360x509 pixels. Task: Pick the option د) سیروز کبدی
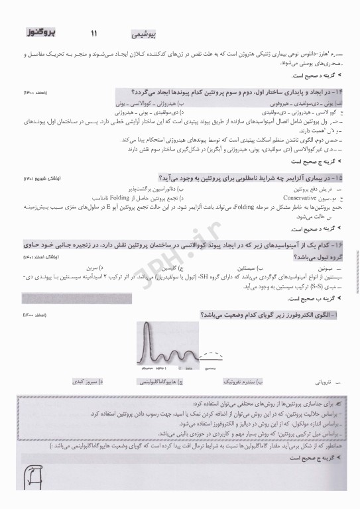[x=85, y=382]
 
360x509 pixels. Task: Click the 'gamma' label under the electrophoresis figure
[x=212, y=367]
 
